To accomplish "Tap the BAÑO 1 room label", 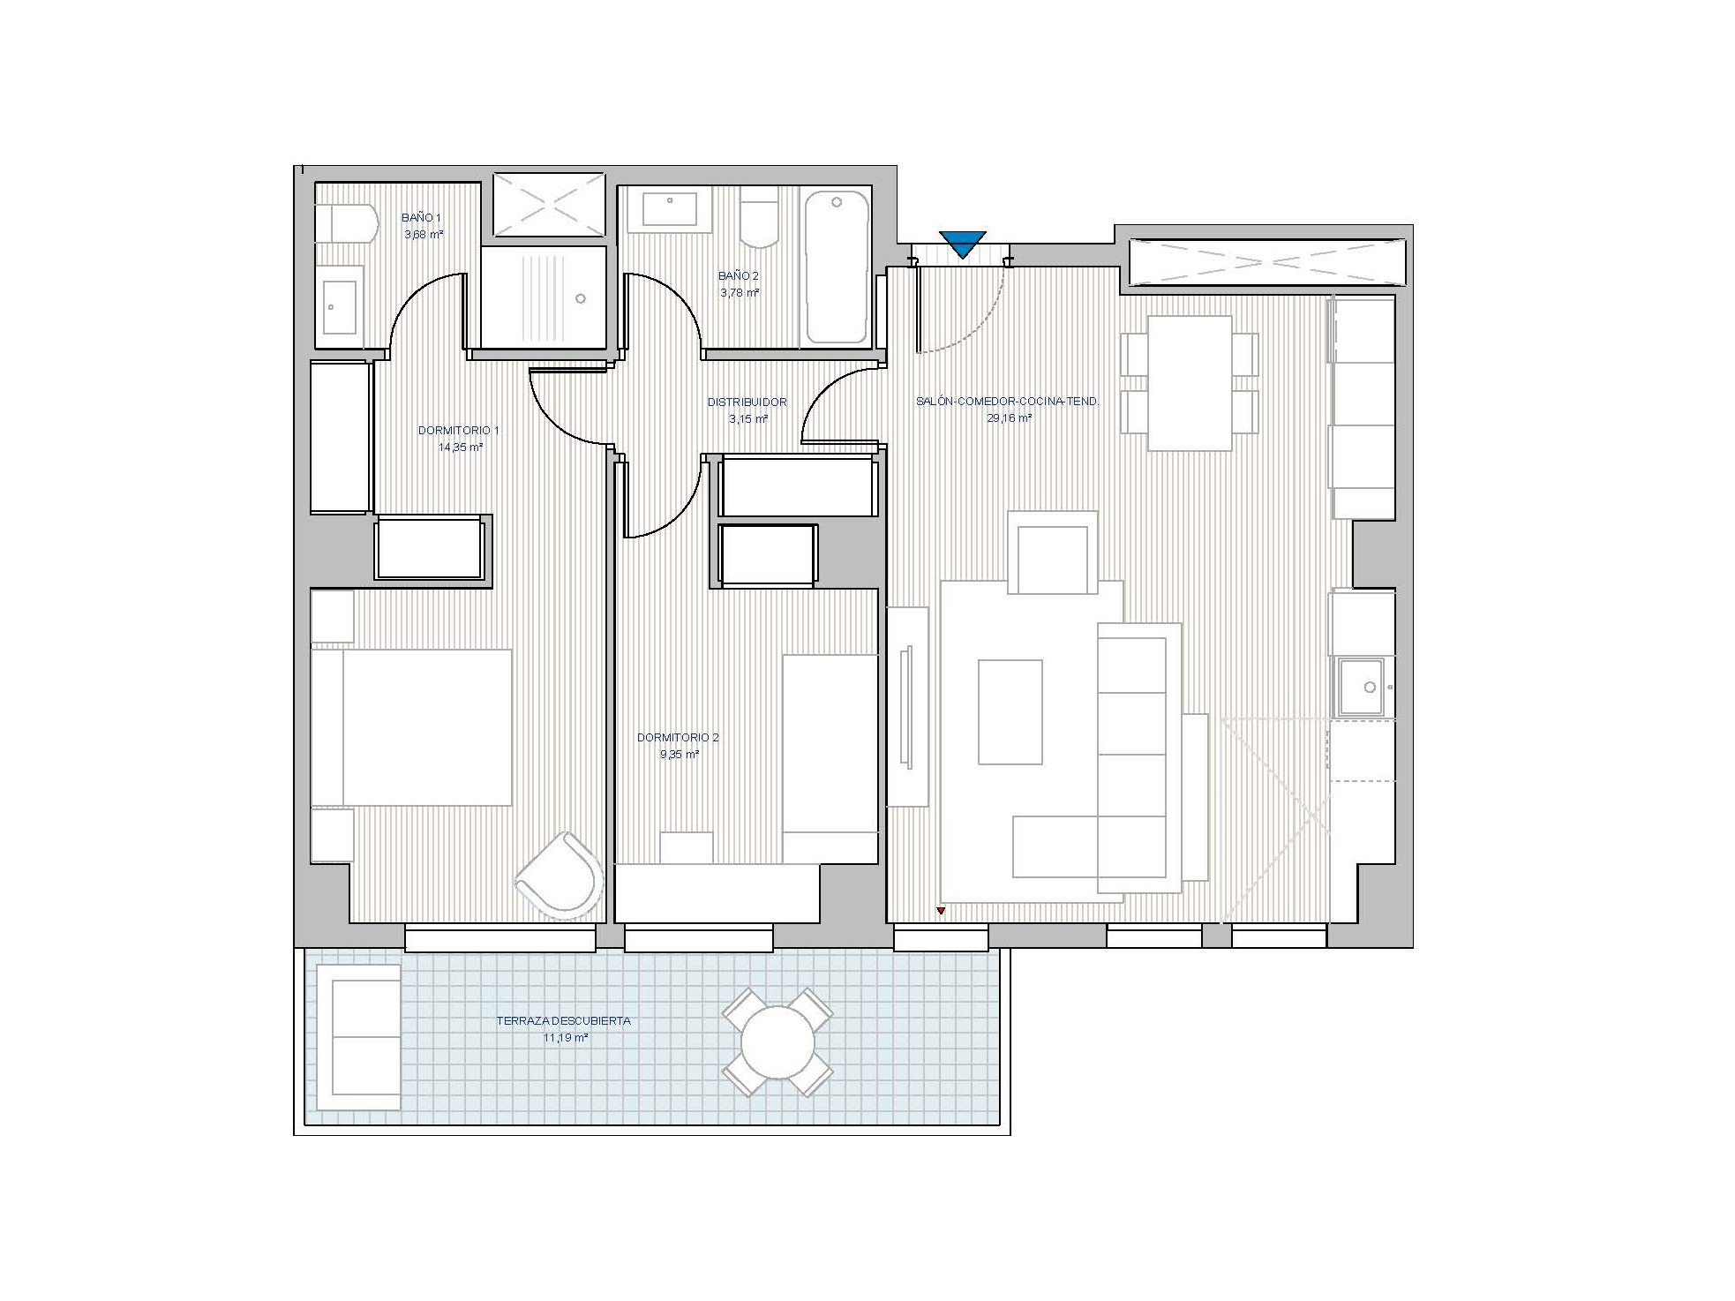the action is pyautogui.click(x=422, y=217).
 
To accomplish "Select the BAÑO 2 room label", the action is pyautogui.click(x=739, y=276).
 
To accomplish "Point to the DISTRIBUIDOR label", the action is pyautogui.click(x=747, y=402).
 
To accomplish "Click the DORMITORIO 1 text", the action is pyautogui.click(x=459, y=431).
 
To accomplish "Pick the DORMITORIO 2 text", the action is pyautogui.click(x=678, y=738).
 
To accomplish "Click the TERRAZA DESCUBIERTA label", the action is pyautogui.click(x=563, y=1021).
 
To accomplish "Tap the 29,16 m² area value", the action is pyautogui.click(x=1010, y=418).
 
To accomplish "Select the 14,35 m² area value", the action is pyautogui.click(x=460, y=447).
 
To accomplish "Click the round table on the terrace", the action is pyautogui.click(x=777, y=1042).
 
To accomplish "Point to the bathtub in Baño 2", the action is pyautogui.click(x=837, y=267).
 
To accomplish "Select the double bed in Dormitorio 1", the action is pyautogui.click(x=411, y=727).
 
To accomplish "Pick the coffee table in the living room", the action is pyautogui.click(x=1010, y=711).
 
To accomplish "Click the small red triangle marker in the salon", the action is pyautogui.click(x=941, y=910).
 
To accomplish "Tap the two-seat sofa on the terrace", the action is pyautogui.click(x=357, y=1037).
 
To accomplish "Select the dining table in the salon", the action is pyautogui.click(x=1190, y=383).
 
